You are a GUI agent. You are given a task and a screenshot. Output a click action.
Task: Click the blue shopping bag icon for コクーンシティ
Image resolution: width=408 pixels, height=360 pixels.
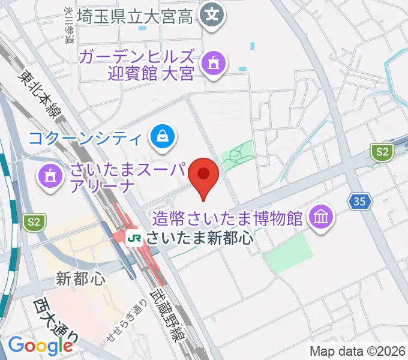click(163, 137)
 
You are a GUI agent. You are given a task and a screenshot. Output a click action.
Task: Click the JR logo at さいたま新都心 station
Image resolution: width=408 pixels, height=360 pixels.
click(136, 238)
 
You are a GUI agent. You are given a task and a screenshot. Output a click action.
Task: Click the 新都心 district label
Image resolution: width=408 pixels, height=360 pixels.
click(80, 278)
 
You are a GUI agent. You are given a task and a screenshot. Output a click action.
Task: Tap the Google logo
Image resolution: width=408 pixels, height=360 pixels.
click(40, 346)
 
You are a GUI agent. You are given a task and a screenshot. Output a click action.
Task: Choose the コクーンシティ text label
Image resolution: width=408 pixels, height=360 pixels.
click(87, 139)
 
